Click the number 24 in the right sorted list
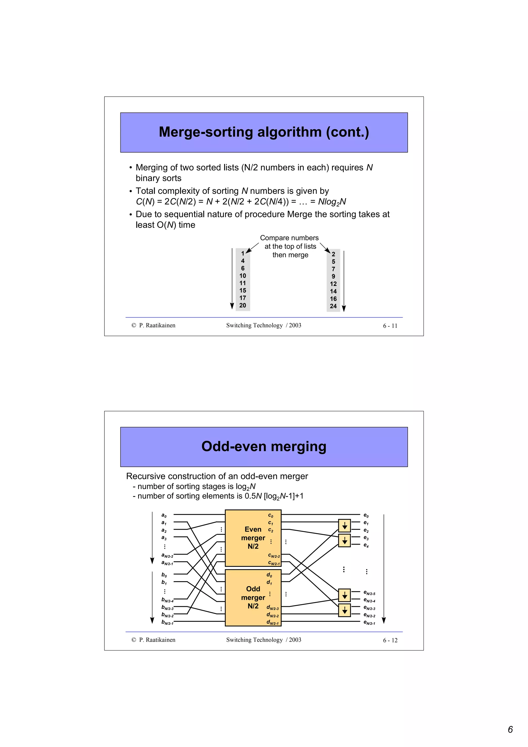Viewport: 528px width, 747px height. [333, 306]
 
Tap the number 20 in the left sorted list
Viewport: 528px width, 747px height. [243, 305]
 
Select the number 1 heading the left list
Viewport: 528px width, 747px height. [243, 253]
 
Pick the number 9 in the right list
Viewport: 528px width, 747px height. [333, 277]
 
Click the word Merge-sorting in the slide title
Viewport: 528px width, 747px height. [205, 132]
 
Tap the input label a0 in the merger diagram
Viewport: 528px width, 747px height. [164, 515]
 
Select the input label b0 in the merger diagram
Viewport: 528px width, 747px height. [164, 575]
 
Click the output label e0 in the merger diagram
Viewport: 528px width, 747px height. [366, 515]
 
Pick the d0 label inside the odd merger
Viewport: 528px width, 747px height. [269, 575]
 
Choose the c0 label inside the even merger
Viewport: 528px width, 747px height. [270, 515]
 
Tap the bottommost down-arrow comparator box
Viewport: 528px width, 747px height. [344, 610]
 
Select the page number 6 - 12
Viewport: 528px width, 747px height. [390, 640]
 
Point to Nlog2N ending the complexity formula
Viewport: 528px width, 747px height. [332, 202]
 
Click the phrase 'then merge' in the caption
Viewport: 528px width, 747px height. [290, 255]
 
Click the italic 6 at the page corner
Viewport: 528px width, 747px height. [510, 729]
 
